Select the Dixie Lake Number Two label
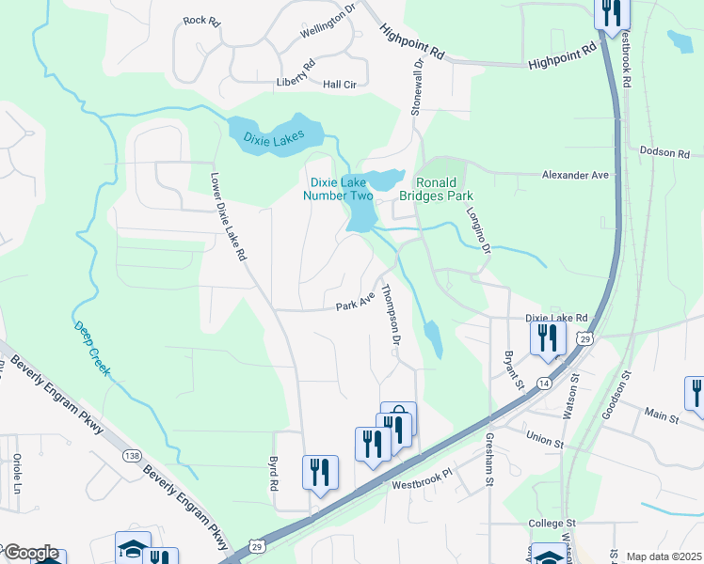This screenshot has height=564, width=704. [x=337, y=189]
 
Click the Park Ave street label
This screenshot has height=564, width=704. [x=357, y=305]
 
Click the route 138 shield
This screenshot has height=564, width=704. [x=132, y=455]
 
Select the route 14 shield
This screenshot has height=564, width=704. [x=544, y=383]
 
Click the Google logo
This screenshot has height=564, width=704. [x=30, y=553]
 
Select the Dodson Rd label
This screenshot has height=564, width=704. [x=671, y=151]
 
